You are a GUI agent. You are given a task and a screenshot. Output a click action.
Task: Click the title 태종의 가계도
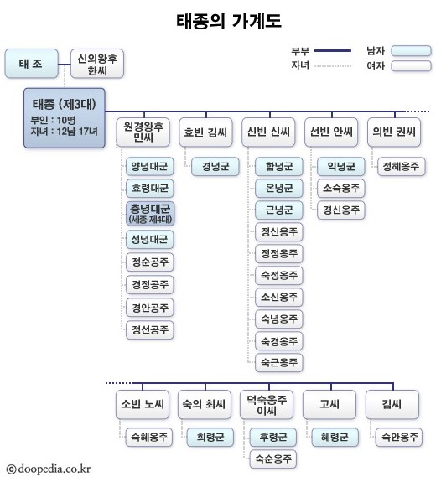(220, 18)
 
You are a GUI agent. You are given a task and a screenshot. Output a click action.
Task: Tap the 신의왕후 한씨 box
(97, 63)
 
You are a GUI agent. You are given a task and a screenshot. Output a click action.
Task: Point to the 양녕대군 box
(149, 166)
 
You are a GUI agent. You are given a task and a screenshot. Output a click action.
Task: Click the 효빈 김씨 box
(206, 132)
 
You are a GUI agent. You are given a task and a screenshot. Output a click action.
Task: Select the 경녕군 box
(215, 166)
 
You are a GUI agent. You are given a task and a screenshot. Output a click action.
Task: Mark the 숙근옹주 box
(279, 363)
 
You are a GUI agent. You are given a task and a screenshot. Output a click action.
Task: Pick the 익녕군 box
(340, 166)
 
